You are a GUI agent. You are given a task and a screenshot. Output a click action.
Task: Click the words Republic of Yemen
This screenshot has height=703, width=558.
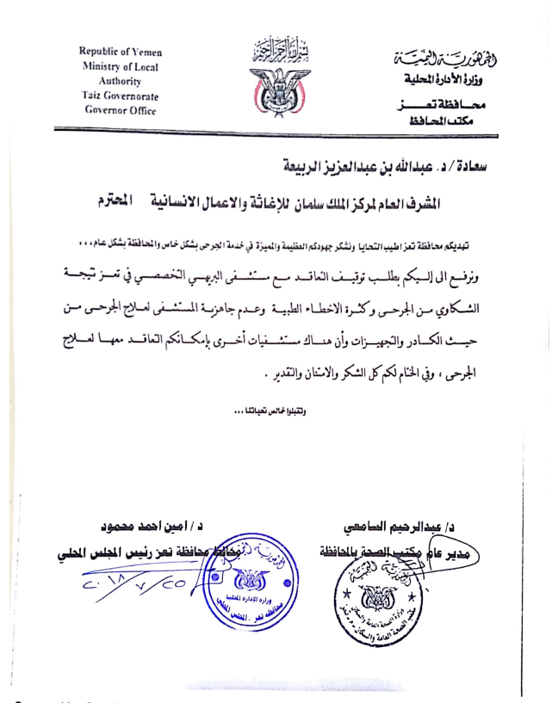click(x=120, y=52)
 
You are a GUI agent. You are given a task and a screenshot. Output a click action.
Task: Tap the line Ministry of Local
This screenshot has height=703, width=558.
click(x=120, y=67)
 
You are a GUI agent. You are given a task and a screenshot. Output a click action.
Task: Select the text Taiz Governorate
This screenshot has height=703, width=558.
click(x=120, y=96)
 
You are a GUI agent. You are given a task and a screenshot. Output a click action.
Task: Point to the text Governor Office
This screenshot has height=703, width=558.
click(x=120, y=111)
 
